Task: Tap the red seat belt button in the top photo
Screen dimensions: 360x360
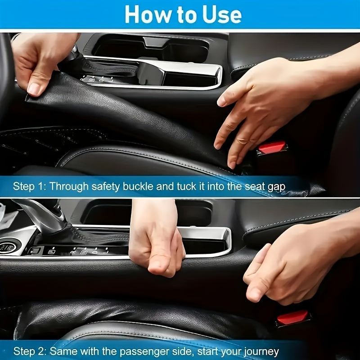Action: pyautogui.click(x=272, y=147)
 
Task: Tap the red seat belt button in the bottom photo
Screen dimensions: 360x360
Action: pyautogui.click(x=292, y=317)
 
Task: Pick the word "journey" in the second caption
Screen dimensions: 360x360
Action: pyautogui.click(x=261, y=351)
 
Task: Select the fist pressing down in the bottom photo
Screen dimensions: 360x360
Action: pyautogui.click(x=157, y=243)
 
